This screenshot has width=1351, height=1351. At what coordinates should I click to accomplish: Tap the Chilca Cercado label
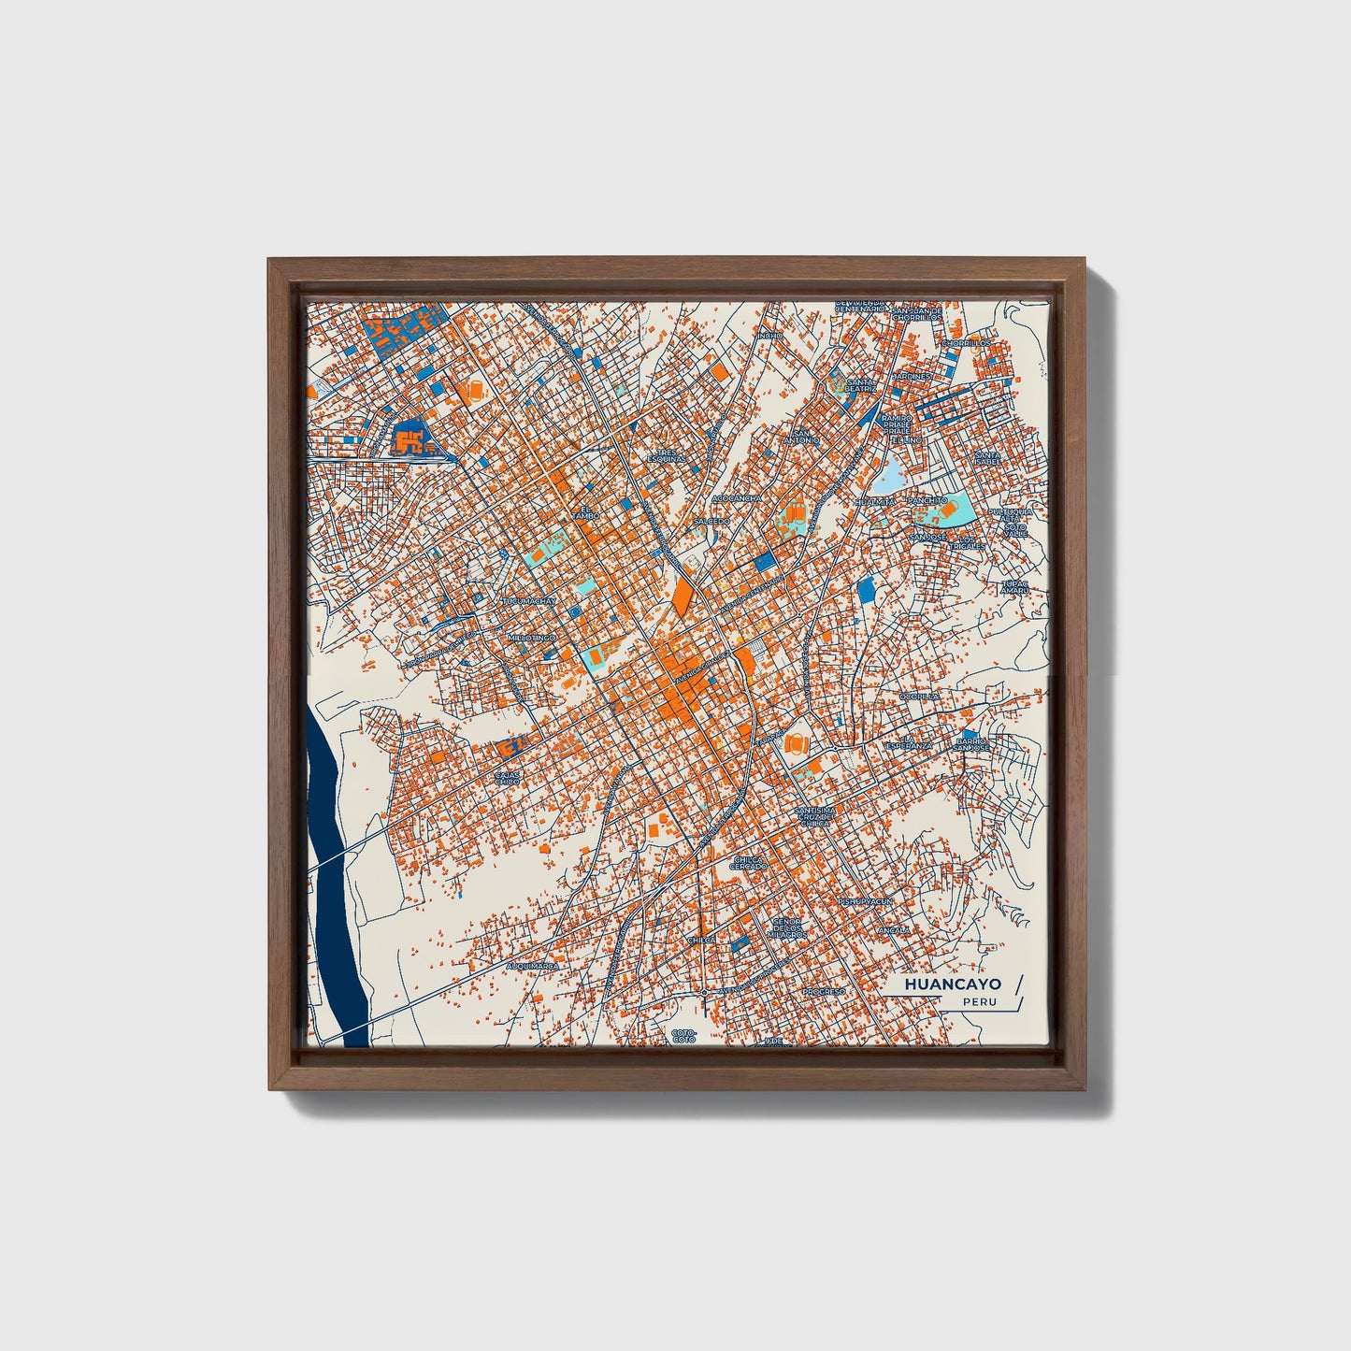(749, 863)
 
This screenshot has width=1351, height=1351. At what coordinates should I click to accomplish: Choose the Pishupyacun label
(864, 901)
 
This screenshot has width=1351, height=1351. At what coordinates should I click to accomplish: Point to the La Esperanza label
(908, 743)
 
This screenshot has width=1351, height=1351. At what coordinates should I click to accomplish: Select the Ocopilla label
(919, 697)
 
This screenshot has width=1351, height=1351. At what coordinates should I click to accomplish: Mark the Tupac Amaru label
(1013, 587)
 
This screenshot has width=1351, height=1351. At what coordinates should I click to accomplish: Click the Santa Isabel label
(986, 459)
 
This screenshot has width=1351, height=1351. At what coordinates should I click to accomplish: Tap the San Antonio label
(801, 437)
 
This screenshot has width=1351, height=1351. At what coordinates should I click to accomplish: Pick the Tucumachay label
(529, 601)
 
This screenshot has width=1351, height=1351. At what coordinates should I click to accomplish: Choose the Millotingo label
(530, 637)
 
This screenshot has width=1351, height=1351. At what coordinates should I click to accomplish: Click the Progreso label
(824, 991)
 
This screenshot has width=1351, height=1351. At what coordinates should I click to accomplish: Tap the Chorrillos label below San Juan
(965, 343)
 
